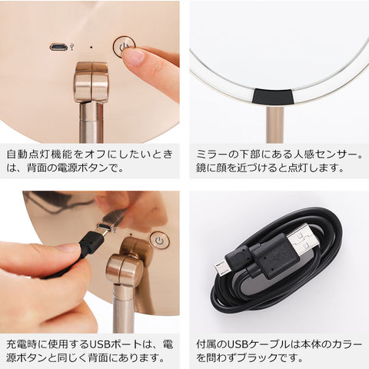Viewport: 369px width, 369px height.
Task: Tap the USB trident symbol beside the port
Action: (x=72, y=46)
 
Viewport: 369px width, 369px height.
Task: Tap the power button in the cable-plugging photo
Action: (x=158, y=241)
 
